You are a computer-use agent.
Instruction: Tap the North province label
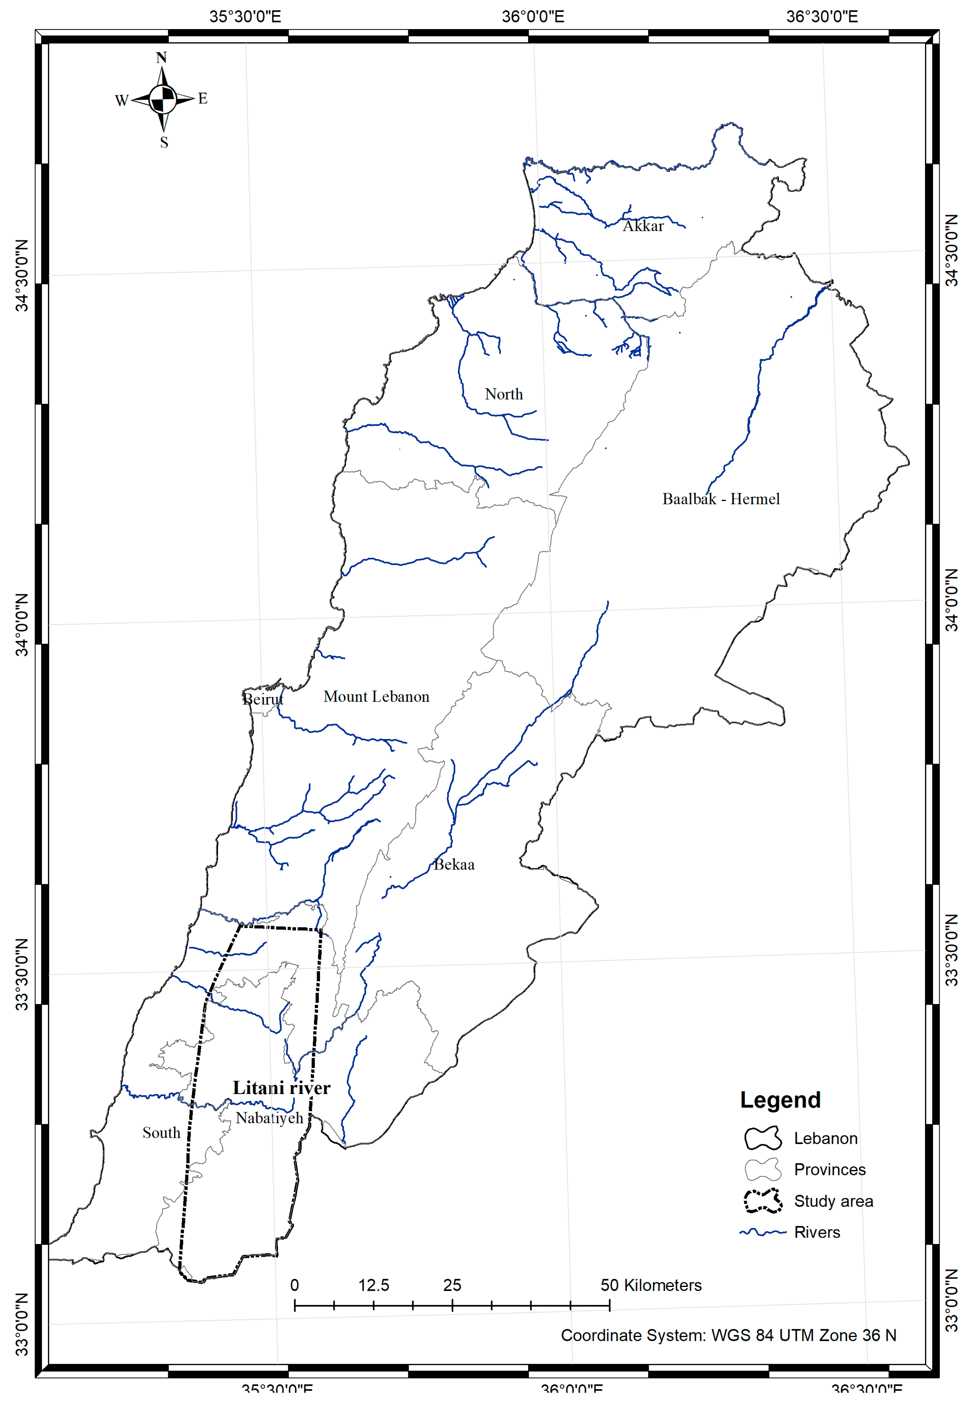[504, 394]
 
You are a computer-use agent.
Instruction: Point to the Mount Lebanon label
[376, 697]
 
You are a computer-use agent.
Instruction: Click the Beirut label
[263, 700]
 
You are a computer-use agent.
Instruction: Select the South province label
[161, 1133]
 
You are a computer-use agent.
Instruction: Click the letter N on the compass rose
[161, 58]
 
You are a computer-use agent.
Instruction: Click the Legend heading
[780, 1100]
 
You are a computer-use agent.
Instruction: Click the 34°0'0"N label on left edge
[22, 625]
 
